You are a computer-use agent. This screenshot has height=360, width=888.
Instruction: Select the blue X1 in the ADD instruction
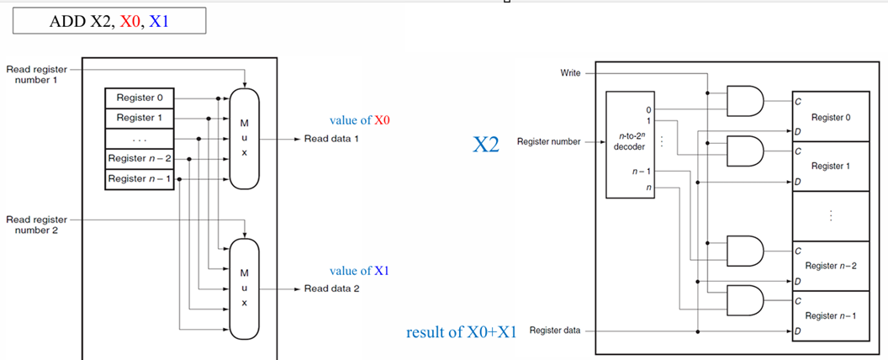click(159, 22)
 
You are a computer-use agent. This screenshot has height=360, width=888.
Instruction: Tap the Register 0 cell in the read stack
click(140, 98)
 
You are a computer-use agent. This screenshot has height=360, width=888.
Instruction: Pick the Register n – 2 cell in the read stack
click(140, 158)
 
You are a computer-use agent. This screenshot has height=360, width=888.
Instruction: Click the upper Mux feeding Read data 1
click(244, 139)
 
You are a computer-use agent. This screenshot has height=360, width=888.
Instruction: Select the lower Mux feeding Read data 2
click(244, 289)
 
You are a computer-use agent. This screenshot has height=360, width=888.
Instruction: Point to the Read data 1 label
click(331, 139)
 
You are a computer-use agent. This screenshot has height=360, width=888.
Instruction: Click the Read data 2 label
click(331, 289)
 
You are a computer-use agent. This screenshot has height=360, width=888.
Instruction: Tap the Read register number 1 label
click(36, 74)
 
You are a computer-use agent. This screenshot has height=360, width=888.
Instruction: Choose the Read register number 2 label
click(36, 225)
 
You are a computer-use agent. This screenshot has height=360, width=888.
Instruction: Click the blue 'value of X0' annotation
click(360, 120)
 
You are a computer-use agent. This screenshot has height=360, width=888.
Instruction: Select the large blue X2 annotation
click(486, 145)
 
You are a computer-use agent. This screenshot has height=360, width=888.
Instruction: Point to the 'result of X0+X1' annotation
click(462, 332)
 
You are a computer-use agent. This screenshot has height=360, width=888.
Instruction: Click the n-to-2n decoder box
click(631, 145)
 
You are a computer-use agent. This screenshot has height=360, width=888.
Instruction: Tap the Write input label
click(570, 73)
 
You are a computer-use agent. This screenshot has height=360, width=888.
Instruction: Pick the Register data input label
click(555, 331)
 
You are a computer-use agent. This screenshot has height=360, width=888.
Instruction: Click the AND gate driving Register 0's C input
click(745, 101)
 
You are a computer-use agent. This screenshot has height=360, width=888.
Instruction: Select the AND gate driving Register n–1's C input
click(745, 300)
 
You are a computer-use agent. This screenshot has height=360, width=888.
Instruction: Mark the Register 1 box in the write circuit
click(831, 167)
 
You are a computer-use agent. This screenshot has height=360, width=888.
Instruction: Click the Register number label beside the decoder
click(549, 141)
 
